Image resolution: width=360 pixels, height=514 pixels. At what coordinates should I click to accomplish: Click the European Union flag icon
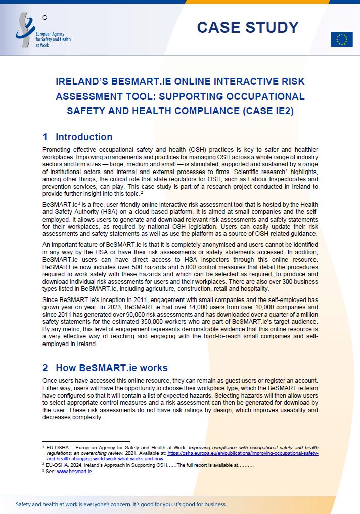[x=341, y=39]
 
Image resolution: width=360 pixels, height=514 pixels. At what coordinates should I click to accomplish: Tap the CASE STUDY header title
[x=247, y=27]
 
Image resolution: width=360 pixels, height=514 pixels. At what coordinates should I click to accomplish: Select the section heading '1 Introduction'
[x=77, y=137]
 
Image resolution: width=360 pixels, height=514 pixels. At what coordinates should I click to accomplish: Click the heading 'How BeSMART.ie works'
[x=111, y=368]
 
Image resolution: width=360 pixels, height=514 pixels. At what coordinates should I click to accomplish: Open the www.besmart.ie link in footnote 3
[x=74, y=472]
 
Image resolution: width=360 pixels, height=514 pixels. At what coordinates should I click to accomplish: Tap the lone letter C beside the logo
[x=45, y=18]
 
